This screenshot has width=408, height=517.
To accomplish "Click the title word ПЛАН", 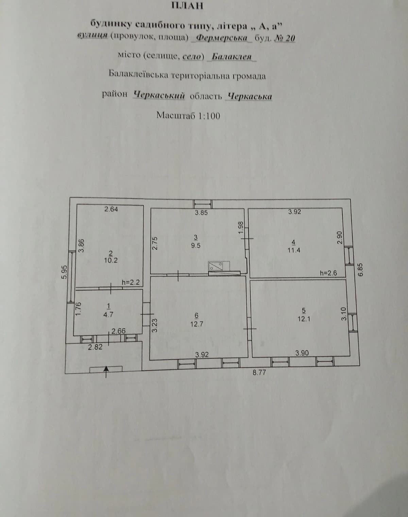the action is tap(188, 6).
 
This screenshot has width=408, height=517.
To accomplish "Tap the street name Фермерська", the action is tap(222, 38).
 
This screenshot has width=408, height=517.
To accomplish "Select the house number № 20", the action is tap(285, 38).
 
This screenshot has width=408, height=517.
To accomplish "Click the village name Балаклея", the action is tap(232, 57).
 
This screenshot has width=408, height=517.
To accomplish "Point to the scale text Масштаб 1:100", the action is tap(188, 116).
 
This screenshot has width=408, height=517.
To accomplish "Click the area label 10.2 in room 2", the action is tap(111, 261).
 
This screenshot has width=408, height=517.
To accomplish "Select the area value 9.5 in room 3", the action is tap(196, 246).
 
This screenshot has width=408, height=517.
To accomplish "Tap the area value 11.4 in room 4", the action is tap(294, 250).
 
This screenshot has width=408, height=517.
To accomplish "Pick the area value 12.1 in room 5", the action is tap(304, 319).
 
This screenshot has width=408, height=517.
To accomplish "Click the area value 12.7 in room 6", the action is tap(197, 324).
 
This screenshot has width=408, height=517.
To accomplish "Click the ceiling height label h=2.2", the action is tap(131, 282).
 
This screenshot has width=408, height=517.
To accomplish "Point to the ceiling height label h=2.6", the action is tap(328, 273).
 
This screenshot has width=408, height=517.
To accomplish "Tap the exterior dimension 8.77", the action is tap(259, 372).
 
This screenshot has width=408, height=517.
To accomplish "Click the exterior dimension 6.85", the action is tap(360, 270).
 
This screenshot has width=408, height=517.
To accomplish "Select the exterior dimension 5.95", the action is tap(64, 272).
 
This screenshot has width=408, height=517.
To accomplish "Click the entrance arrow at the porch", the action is tap(106, 371).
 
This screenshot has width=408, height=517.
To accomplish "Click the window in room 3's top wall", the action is tap(203, 204).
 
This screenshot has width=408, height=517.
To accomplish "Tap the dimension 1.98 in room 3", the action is tap(241, 227).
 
